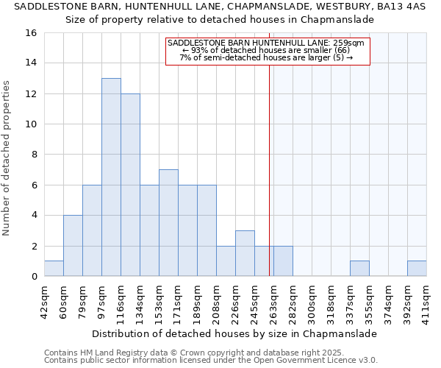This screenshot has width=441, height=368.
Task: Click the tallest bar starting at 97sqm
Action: (111, 177)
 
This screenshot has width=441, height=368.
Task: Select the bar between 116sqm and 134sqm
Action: (130, 185)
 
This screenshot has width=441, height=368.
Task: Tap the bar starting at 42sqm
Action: (54, 269)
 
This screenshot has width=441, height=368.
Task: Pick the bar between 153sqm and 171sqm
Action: (168, 223)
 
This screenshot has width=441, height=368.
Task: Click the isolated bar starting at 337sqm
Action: (359, 269)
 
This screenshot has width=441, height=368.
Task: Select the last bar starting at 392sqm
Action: (417, 269)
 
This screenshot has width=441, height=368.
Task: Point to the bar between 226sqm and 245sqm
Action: (245, 253)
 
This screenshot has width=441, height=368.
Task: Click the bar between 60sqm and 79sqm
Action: (73, 246)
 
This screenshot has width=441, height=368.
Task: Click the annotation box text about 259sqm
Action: (266, 51)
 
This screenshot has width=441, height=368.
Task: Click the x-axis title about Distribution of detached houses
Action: (235, 333)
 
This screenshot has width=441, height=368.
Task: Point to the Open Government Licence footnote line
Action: (211, 361)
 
